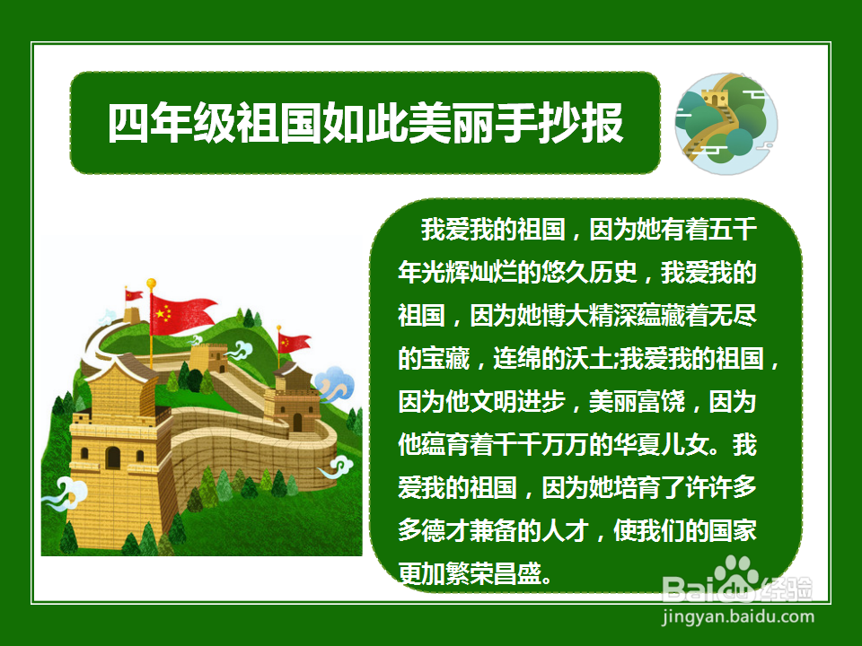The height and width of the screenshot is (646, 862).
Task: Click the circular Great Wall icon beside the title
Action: [726, 121]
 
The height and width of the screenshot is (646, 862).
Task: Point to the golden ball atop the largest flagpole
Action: [151, 284]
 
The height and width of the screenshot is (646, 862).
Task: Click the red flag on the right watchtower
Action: [294, 342]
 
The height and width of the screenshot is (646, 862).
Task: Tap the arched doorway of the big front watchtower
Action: [112, 458]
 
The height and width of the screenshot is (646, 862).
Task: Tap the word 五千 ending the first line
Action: [732, 230]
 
